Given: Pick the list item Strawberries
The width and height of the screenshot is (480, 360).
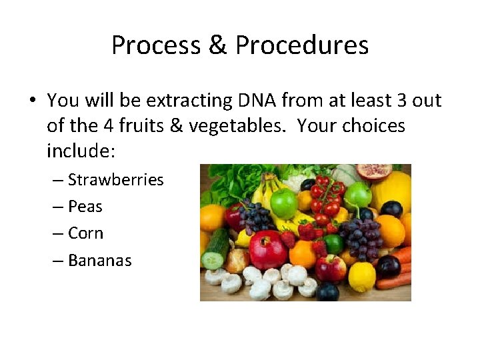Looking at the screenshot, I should [x=115, y=180].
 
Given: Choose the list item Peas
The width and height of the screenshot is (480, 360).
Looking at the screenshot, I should [x=85, y=207].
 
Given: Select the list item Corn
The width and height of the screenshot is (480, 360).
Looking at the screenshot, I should [x=86, y=233].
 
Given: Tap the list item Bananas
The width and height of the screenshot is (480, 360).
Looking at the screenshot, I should [x=100, y=260].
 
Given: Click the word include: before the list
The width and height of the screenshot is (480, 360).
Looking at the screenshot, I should [x=81, y=151].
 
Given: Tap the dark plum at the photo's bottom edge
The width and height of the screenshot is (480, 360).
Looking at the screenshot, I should [x=327, y=292].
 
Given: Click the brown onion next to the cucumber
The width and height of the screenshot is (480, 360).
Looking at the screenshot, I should [x=237, y=260].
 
